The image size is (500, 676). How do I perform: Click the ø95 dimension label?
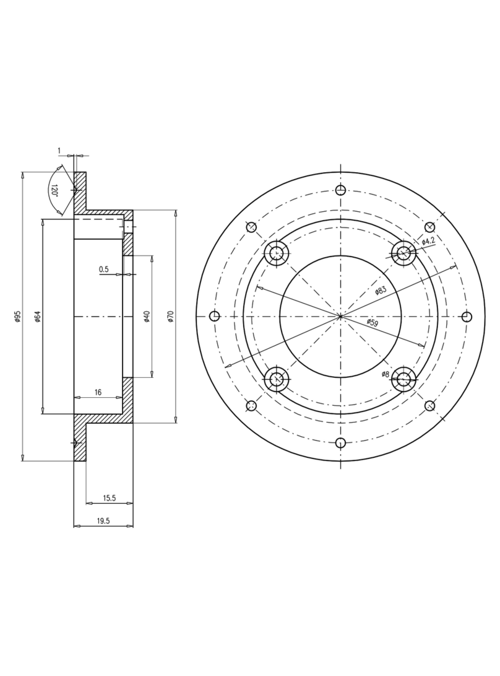coord(18,317)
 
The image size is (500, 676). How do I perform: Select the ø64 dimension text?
coord(37,317)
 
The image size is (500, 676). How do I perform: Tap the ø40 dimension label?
coord(147,317)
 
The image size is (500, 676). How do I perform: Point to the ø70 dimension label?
coord(171,317)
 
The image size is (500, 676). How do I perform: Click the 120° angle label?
coord(54,190)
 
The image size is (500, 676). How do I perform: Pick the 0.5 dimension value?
coord(103,270)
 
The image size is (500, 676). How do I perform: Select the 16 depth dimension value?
coord(98,393)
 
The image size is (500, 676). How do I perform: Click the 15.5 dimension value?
coord(109,498)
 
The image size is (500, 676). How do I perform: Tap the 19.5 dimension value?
coord(103,521)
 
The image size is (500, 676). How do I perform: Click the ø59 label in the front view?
coord(372,323)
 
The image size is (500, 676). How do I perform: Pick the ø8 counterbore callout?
coord(385,374)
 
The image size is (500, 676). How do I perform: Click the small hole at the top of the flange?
coord(340,190)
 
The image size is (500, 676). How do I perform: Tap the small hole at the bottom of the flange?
coord(340,442)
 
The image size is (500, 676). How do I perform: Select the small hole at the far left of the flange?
coord(215,317)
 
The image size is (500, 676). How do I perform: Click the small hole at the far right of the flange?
coord(467,317)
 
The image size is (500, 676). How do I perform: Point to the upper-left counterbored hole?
coord(277,253)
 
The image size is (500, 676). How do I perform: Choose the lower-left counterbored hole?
coord(277,380)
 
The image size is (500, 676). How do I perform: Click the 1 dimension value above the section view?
coord(59,151)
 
